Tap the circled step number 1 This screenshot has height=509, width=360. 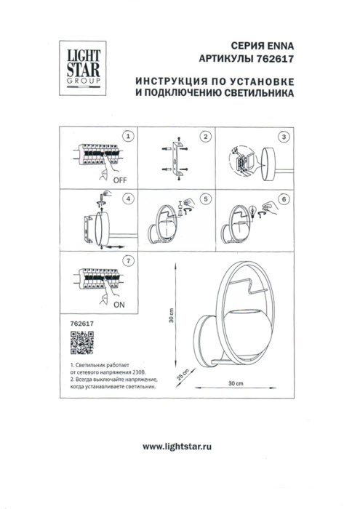click(128, 136)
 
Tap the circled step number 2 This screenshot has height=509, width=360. click(206, 136)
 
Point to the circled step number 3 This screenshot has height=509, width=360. click(284, 136)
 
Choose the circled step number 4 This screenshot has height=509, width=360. click(128, 198)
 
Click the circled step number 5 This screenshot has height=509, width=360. click(206, 198)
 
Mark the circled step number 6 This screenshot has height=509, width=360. click(284, 198)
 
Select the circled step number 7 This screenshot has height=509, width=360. click(128, 260)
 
